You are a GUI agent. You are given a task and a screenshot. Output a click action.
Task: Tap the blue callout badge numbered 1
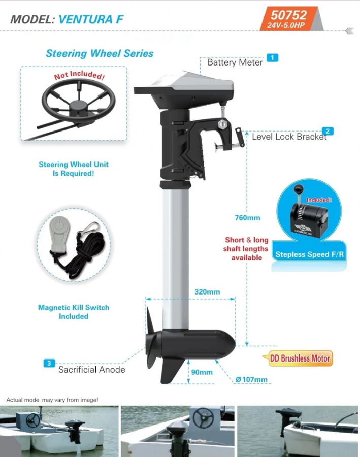pos(272,58)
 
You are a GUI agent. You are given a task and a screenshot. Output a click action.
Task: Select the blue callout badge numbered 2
pos(328,131)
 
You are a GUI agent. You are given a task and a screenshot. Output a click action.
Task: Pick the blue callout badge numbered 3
pos(49,363)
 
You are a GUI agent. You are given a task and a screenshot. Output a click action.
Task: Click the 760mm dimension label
pos(247,218)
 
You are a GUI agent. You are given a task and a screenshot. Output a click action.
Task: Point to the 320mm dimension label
pos(207,292)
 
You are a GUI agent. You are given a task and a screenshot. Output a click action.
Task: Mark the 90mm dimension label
pos(202,372)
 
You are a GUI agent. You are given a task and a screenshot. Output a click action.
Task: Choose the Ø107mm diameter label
pos(251,379)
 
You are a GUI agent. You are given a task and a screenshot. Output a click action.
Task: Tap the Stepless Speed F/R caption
pos(310,254)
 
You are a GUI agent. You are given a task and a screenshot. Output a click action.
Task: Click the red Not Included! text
pos(79,75)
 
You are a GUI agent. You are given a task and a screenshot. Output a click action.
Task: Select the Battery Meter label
pos(235,62)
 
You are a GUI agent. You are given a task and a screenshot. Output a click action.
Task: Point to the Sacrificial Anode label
pos(91,370)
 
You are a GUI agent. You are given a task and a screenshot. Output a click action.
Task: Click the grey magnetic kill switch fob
pos(60,234)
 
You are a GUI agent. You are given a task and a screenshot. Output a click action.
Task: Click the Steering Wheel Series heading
pos(100,53)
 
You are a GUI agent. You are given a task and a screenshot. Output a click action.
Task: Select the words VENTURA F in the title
pos(91,19)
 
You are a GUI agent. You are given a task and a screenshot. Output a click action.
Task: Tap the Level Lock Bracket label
pos(289,137)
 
